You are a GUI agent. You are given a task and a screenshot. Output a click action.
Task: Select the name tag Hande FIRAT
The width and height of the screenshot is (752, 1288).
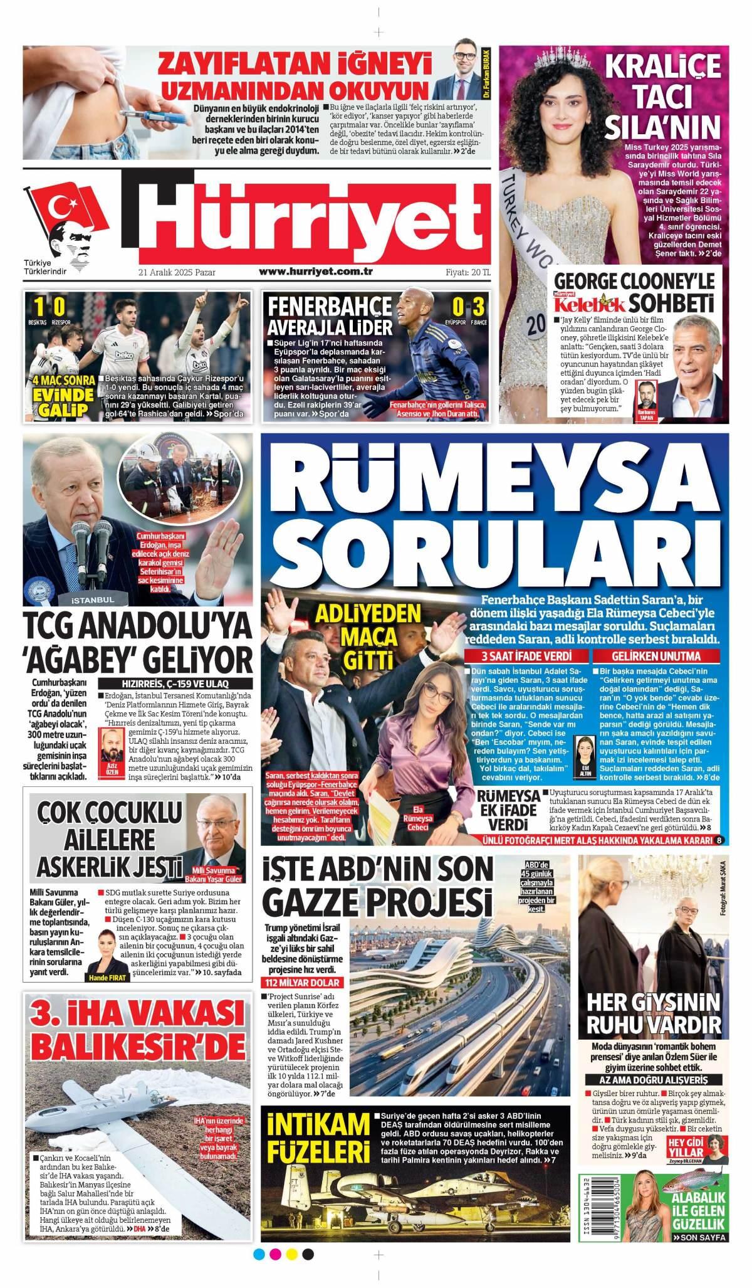[x=108, y=978]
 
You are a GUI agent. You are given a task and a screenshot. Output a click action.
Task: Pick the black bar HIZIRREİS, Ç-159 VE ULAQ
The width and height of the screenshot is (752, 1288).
[x=175, y=683]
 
